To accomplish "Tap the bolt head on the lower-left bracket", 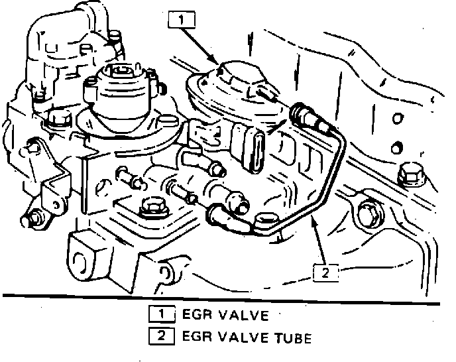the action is pos(31,216).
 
